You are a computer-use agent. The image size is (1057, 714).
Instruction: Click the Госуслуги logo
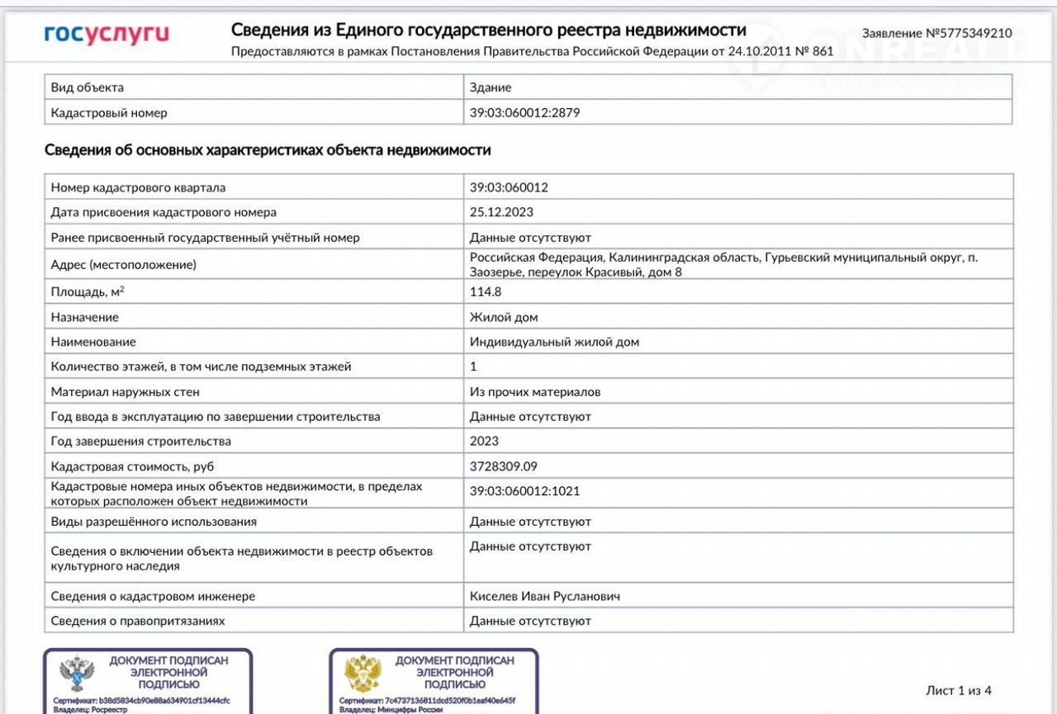point(107,34)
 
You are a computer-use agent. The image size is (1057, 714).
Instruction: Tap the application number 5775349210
point(936,34)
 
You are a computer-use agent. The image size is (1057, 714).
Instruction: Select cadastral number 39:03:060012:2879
point(524,112)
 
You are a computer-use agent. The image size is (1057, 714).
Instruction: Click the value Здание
point(491,87)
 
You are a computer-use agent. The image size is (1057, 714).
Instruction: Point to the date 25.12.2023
point(501,212)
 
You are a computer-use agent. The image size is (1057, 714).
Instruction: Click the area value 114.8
point(486,291)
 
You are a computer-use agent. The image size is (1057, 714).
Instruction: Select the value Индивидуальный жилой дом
point(554,342)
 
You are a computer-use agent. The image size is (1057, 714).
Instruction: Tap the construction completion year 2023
point(484,441)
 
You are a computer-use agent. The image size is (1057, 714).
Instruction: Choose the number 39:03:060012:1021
point(524,491)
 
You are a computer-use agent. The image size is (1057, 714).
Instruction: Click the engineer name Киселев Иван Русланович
point(544,596)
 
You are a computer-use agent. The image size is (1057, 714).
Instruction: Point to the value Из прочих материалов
point(535,392)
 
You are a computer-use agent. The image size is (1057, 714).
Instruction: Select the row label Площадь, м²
point(88,291)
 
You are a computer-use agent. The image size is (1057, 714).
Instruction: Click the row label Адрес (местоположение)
point(124,265)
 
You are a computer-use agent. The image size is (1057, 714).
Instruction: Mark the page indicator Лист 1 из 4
point(959,690)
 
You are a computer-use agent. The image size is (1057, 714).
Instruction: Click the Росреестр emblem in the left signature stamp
point(77,673)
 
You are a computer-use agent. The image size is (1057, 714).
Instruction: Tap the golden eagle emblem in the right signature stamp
point(363,673)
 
